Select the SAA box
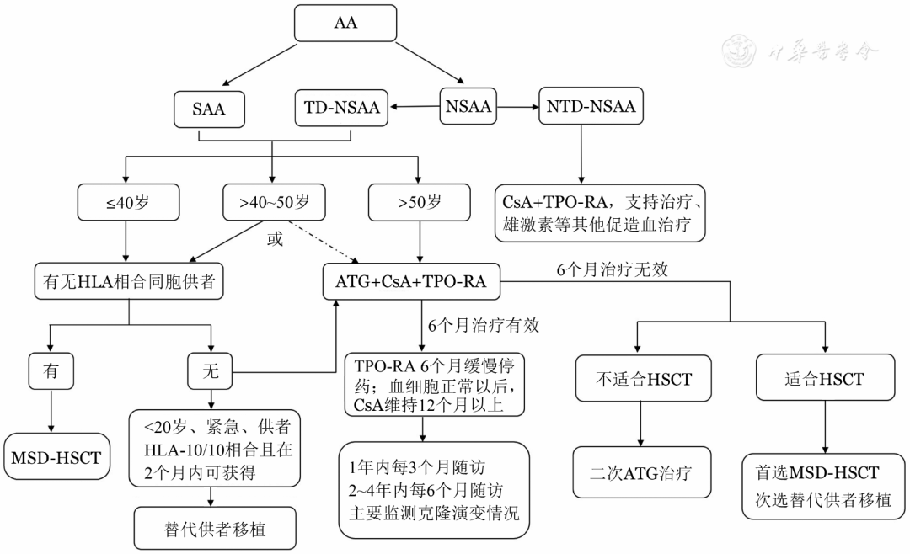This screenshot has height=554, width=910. [209, 109]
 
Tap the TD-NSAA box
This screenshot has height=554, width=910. [340, 108]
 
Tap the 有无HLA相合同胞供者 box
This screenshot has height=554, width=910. [129, 282]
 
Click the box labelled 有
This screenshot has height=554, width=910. [51, 370]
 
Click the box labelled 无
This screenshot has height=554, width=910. [210, 370]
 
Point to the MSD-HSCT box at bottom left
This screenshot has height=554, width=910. [56, 457]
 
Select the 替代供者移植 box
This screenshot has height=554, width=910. [215, 528]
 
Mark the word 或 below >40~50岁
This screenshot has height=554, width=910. [275, 238]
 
